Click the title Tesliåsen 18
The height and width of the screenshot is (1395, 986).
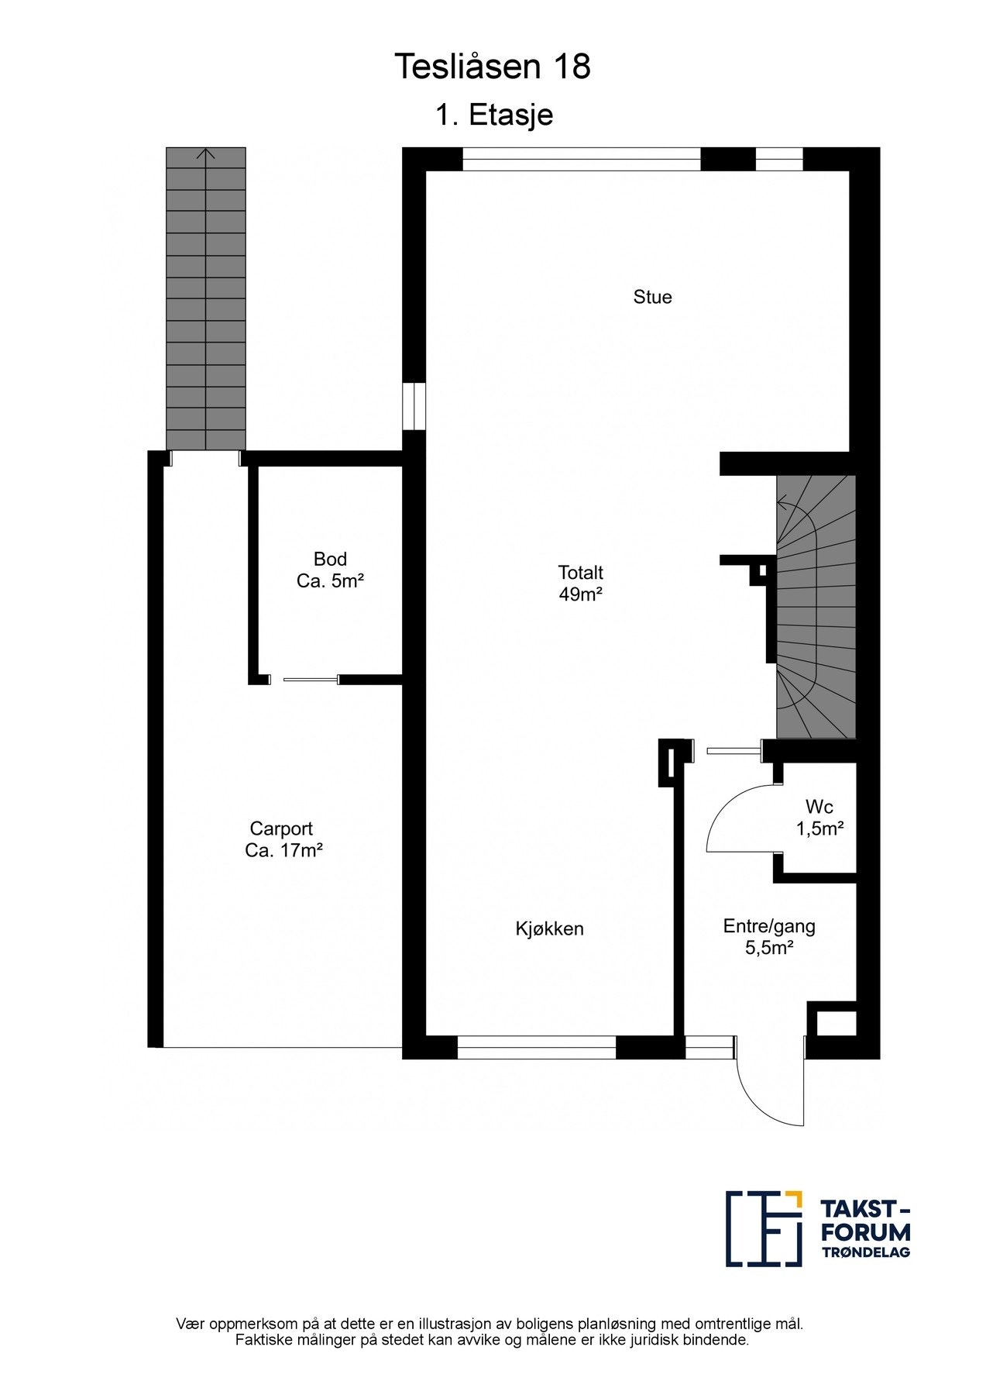coord(493,67)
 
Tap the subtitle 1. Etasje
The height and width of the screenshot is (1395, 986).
coord(493,115)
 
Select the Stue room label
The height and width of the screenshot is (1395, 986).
coord(652,297)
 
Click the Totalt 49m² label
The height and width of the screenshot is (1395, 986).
coord(580,583)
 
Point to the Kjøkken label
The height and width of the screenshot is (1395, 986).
coord(549,928)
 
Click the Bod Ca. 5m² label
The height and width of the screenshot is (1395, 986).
coord(330,570)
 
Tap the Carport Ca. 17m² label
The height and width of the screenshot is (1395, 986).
coord(283,839)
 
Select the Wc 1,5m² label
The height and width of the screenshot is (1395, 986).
coord(819,818)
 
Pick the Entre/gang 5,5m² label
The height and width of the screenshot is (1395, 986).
coord(769,936)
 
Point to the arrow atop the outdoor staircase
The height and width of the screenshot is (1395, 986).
coord(206,154)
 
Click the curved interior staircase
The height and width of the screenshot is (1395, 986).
coord(816,606)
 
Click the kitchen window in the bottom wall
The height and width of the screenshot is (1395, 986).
coord(536,1047)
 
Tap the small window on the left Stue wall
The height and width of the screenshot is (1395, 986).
coord(414,405)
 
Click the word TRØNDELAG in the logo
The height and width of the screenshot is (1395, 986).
coord(865,1252)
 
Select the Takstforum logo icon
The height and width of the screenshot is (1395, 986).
coord(763,1228)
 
